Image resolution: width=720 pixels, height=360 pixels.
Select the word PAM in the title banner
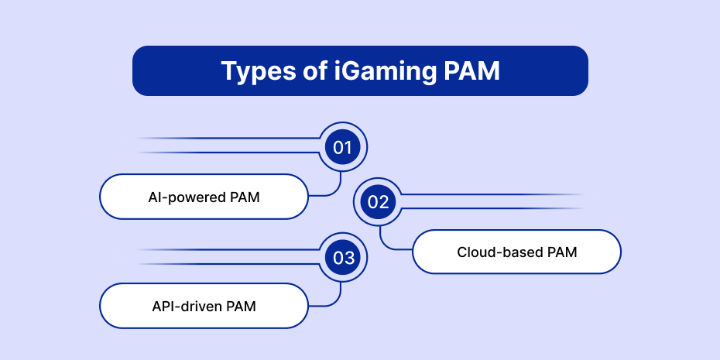tap(471, 70)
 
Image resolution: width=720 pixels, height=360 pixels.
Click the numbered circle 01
tap(342, 147)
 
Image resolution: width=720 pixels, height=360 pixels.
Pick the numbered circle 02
tap(378, 202)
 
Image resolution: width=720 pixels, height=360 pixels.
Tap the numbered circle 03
tap(342, 258)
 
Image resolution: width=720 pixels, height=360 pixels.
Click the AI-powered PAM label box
tap(204, 197)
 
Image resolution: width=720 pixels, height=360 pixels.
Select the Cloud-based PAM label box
tap(516, 252)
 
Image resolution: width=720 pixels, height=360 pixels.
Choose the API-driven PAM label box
tap(204, 306)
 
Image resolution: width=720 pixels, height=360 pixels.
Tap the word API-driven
tap(183, 307)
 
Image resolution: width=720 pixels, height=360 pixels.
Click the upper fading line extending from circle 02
tap(492, 194)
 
